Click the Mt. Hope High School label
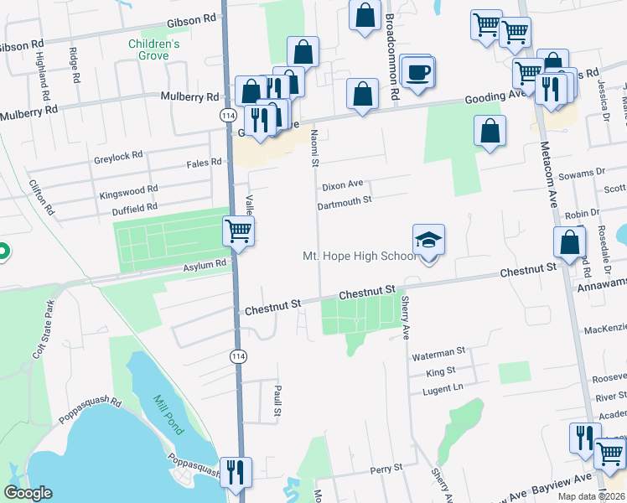pos(358,256)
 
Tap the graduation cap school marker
pos(428,240)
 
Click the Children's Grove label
pos(154,49)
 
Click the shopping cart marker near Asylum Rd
pos(239,231)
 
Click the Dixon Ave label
pos(343,184)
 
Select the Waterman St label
pos(438,355)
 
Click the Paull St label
pos(276,399)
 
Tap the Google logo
pos(28,493)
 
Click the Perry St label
pos(387,469)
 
